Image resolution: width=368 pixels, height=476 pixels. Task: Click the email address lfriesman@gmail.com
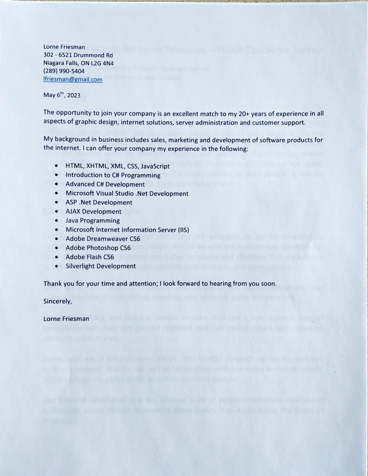point(73,79)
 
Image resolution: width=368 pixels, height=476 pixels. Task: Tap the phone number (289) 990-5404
point(64,71)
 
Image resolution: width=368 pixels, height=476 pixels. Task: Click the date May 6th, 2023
point(62,95)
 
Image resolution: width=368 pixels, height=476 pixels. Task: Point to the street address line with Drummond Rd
point(78,55)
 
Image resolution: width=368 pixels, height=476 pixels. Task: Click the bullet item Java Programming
point(93,220)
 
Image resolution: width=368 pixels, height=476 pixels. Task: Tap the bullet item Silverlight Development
point(101,266)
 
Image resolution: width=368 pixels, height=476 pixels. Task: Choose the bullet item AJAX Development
point(93,212)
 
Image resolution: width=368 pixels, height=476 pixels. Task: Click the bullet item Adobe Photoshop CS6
point(98,248)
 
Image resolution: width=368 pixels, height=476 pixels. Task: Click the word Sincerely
point(58,301)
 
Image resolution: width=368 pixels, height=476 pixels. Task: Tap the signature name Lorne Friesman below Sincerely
point(66,319)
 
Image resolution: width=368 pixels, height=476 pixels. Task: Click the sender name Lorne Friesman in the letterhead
point(64,47)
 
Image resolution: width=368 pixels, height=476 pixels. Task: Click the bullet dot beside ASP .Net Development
point(57,202)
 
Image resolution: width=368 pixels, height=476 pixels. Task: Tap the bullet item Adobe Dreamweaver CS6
point(103,239)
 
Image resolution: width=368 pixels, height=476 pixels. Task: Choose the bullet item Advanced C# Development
point(105,184)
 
